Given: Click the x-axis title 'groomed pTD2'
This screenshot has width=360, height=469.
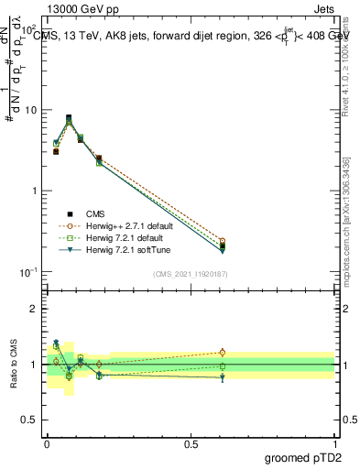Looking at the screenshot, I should click(x=301, y=456).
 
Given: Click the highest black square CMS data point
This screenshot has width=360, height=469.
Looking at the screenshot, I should click(x=69, y=117).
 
